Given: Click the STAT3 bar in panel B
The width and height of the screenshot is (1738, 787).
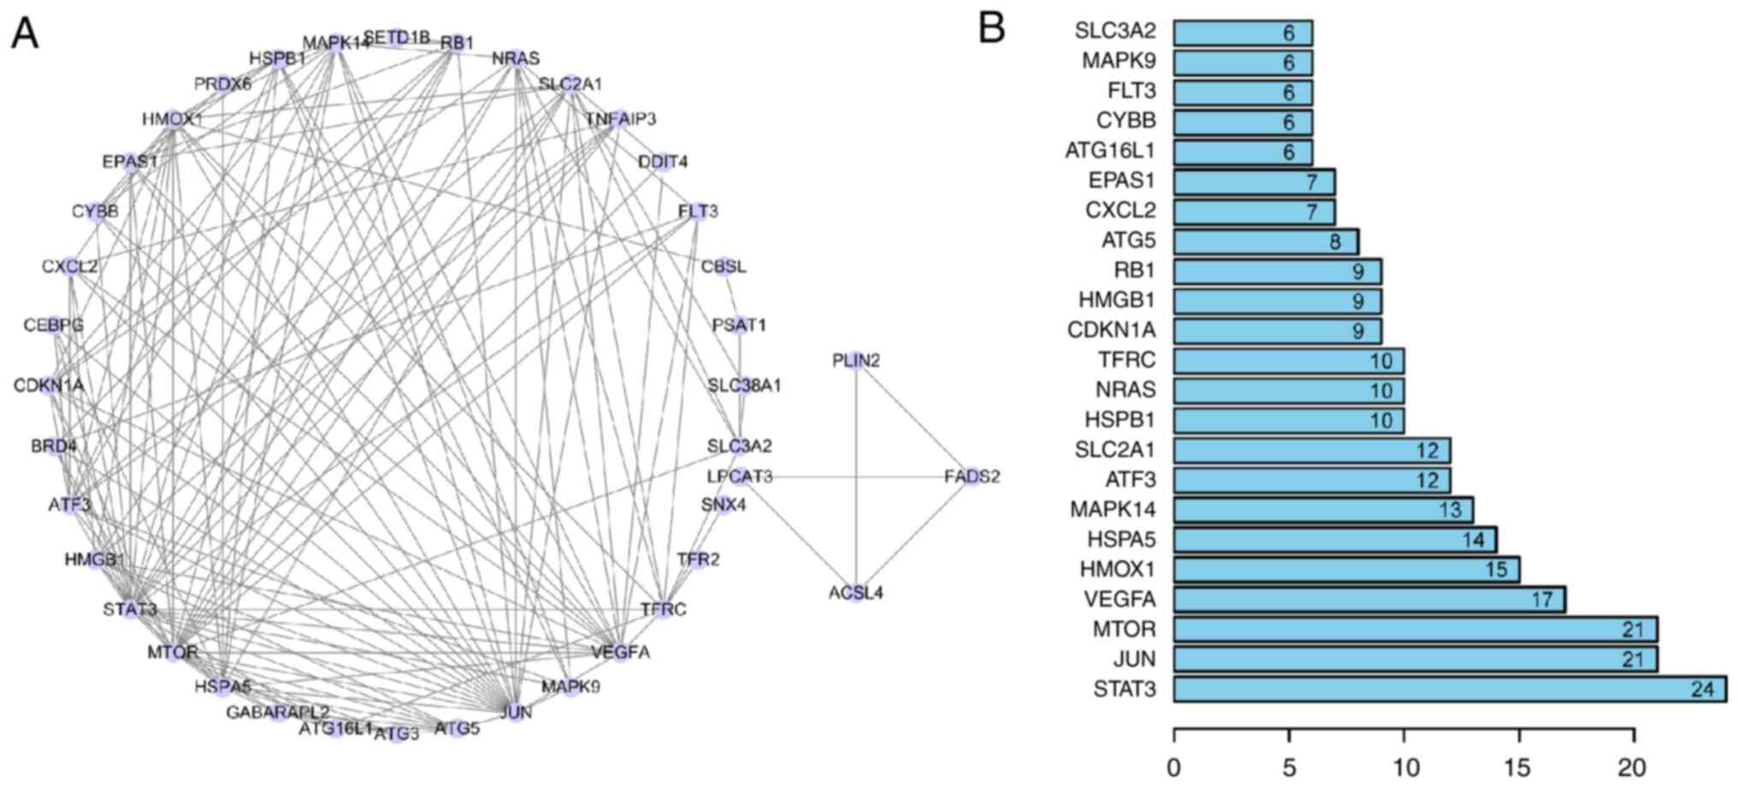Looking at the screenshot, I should coord(1449,689).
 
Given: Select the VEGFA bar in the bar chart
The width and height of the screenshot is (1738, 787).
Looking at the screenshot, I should coord(1369,600).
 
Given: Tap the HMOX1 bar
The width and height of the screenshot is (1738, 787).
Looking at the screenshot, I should coord(1345,570).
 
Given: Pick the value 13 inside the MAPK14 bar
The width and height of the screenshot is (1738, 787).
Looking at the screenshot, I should coord(1451,511).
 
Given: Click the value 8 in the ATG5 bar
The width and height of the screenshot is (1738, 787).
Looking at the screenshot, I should coord(1335,242).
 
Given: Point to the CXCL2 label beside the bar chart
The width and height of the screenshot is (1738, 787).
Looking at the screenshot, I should coord(1120,210).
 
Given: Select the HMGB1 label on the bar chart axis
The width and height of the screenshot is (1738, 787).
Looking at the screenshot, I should coord(1116,300).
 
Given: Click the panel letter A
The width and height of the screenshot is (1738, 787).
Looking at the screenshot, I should coord(25,34).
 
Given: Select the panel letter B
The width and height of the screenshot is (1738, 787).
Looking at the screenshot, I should coord(991,28).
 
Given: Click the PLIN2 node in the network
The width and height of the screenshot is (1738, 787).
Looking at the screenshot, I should coord(856,361).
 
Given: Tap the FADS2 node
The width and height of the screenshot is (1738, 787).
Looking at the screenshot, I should coord(972,476).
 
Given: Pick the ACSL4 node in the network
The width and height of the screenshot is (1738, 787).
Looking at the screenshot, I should coord(856,592).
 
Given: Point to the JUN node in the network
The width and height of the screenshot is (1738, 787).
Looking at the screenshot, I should coord(515,712).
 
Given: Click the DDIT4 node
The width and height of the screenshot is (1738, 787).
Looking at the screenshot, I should coord(662,162).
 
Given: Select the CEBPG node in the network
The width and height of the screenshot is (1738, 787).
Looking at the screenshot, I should coord(54,325).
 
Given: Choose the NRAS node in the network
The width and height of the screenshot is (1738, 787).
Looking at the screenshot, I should coord(516,58).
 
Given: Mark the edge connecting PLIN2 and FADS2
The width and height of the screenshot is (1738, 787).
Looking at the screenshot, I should coord(914,418).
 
